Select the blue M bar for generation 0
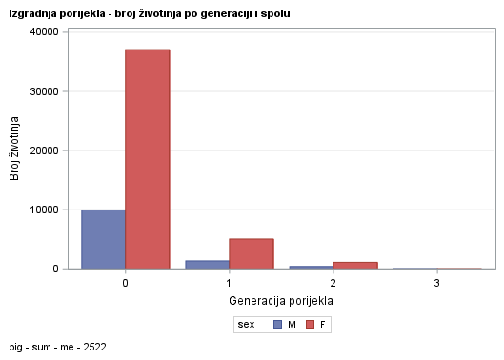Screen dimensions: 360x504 103,239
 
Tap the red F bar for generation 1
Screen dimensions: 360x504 252,253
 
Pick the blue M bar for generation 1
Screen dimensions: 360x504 207,265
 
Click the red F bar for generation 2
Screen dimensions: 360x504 355,265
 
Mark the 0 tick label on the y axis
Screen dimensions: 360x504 57,269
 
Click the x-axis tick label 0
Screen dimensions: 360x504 125,283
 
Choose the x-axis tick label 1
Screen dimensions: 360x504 229,283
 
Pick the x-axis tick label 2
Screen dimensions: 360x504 333,283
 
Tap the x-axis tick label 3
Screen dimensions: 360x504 437,283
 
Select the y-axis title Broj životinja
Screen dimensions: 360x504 15,150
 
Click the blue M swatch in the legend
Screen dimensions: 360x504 277,325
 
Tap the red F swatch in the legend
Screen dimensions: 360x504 310,325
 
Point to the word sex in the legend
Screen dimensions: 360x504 246,325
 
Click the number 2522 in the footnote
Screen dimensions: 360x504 93,348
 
